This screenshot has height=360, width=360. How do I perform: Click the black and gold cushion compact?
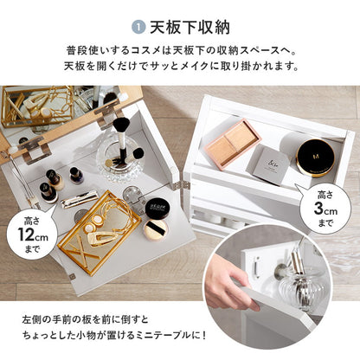(315, 157)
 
